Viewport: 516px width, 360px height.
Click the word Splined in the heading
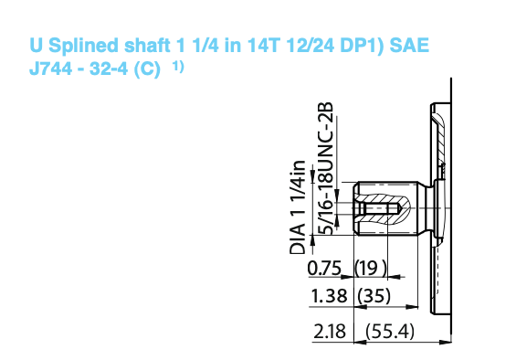pyautogui.click(x=84, y=46)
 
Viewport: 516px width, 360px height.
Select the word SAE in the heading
pyautogui.click(x=409, y=45)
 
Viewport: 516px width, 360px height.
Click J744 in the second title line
pyautogui.click(x=50, y=69)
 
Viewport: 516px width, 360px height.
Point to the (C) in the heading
pyautogui.click(x=147, y=69)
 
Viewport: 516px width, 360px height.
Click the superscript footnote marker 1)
pyautogui.click(x=178, y=67)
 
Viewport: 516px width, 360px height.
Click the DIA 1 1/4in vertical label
pyautogui.click(x=298, y=207)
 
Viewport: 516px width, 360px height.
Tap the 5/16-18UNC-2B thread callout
pyautogui.click(x=325, y=169)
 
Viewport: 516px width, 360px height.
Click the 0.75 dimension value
pyautogui.click(x=324, y=268)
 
